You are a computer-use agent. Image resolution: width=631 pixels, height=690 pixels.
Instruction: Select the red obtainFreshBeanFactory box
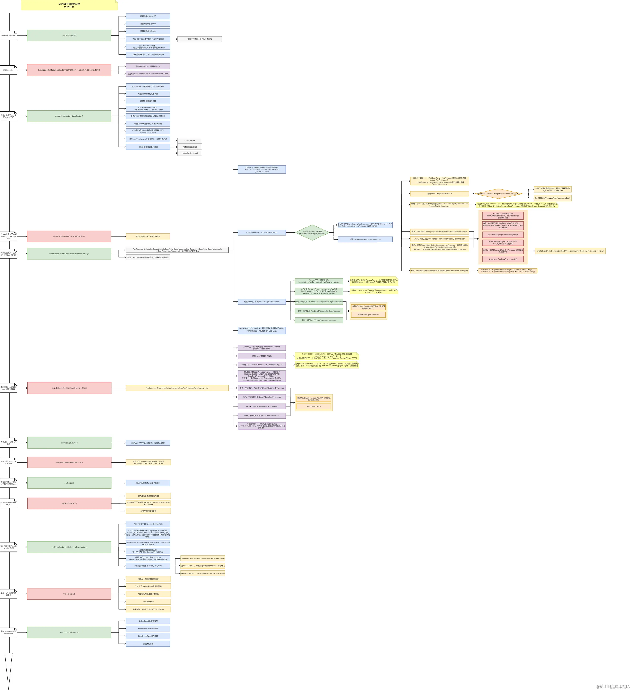tap(69, 70)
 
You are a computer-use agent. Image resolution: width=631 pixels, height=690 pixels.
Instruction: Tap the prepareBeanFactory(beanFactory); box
tap(69, 116)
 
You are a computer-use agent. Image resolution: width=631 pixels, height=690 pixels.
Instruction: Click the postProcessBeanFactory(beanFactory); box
tap(69, 236)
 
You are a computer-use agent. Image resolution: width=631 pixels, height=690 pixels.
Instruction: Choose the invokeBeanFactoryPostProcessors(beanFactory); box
tap(69, 254)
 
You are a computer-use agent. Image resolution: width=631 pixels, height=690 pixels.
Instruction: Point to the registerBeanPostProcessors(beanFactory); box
tap(69, 388)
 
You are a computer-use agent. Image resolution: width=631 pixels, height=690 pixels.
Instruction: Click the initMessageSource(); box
tap(69, 443)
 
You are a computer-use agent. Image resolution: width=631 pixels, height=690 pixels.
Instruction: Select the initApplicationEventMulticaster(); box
tap(69, 462)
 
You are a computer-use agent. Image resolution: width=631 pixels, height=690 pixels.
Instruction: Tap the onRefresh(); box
tap(69, 483)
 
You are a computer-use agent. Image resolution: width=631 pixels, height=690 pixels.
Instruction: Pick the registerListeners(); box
tap(69, 503)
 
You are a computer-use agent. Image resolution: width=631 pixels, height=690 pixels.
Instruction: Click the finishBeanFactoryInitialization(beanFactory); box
tap(69, 547)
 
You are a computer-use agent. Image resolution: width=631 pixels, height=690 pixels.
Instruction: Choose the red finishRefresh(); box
tap(69, 594)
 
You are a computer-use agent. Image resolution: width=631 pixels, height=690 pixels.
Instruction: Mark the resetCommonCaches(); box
tap(69, 632)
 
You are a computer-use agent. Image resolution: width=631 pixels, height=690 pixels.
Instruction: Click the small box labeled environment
tap(190, 141)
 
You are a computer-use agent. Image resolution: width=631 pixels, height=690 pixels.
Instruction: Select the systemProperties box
tap(190, 147)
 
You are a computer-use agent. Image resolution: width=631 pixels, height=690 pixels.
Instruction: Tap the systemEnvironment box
tap(190, 153)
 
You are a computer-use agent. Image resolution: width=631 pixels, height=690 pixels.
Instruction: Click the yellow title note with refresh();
tap(69, 5)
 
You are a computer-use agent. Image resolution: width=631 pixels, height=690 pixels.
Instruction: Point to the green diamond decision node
tap(312, 232)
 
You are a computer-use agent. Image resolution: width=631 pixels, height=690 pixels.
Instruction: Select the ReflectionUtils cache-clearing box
tap(148, 621)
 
